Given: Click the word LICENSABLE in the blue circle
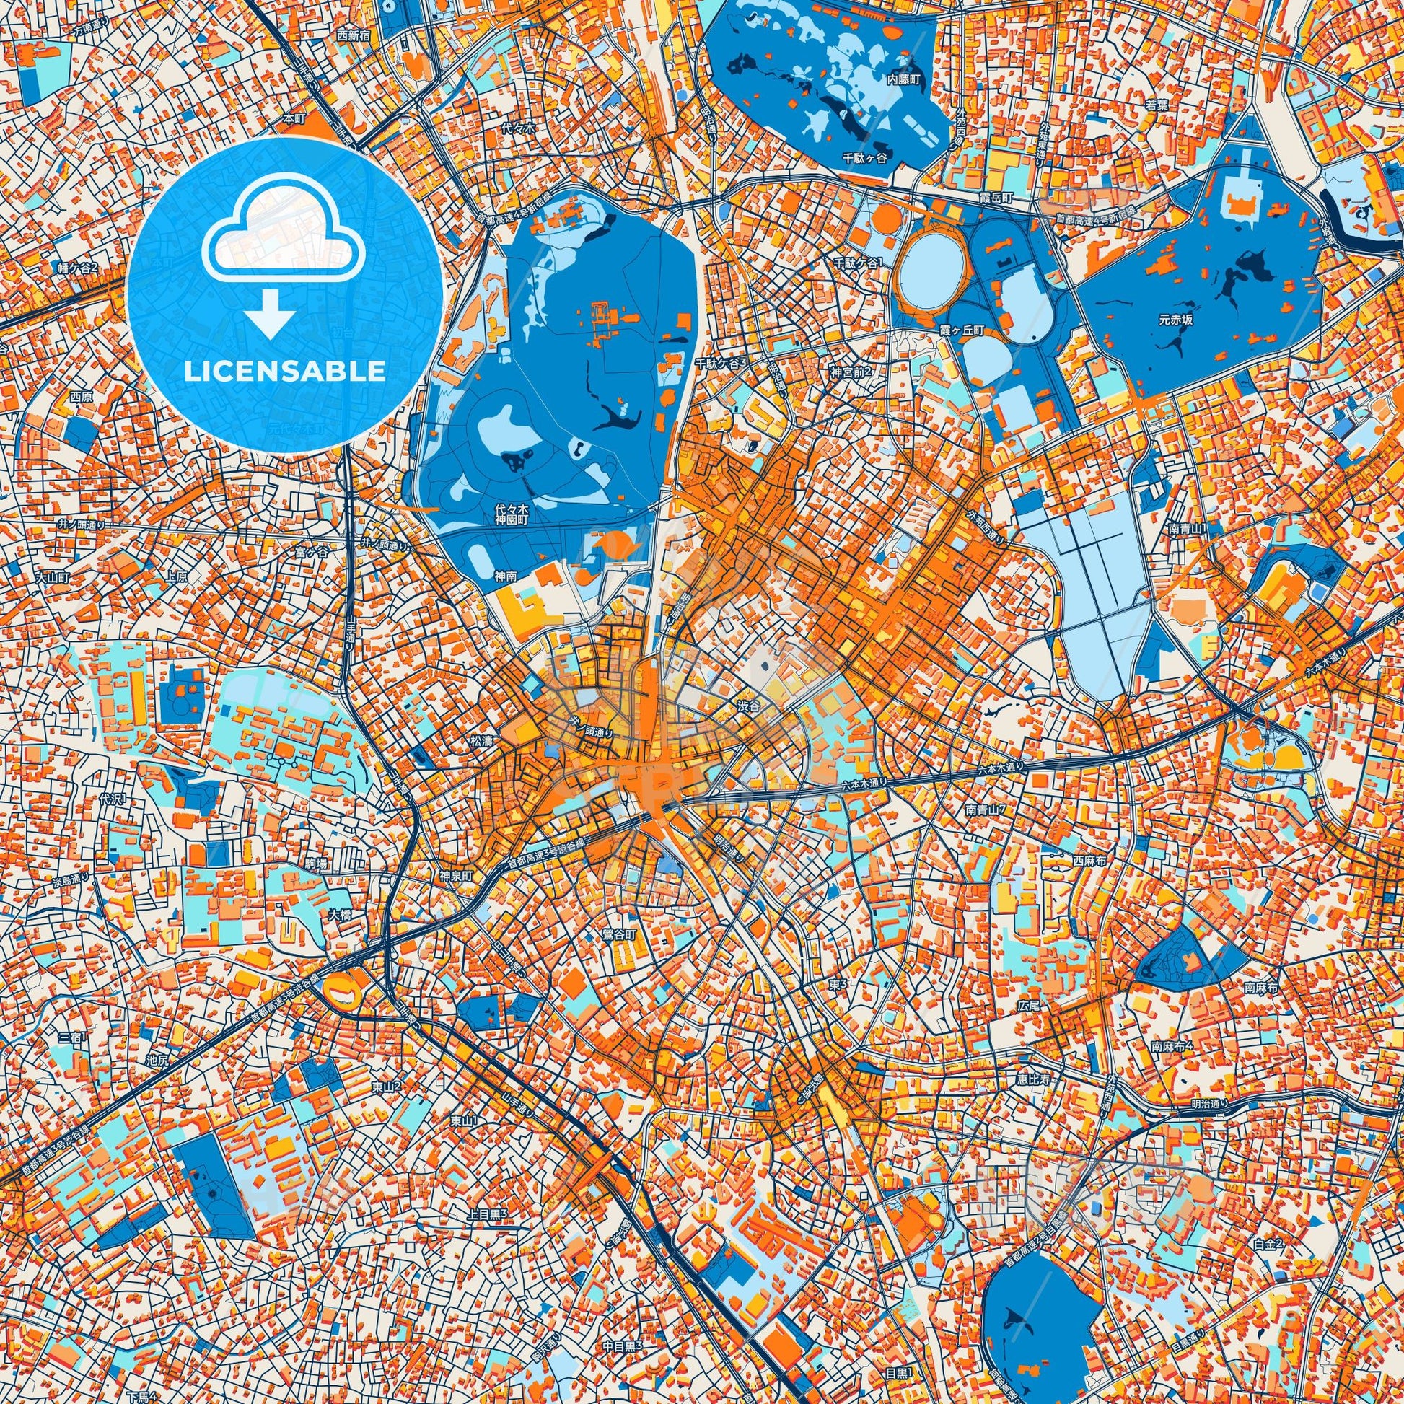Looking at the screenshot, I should tap(285, 372).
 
